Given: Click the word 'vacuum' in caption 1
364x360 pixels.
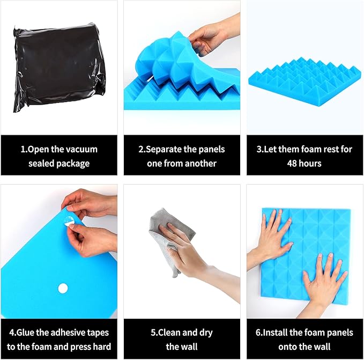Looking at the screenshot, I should click(x=80, y=149).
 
